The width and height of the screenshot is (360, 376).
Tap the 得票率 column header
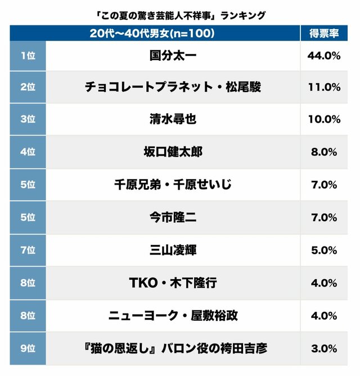click(323, 33)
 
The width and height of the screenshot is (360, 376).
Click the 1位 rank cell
click(27, 55)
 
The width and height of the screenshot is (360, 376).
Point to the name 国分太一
click(173, 55)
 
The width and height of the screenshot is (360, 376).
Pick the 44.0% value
click(323, 55)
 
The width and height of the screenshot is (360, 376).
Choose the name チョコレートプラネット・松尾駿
click(173, 87)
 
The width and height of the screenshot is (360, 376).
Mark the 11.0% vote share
click(323, 87)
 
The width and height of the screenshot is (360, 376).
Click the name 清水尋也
click(173, 119)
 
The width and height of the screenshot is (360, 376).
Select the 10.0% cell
click(323, 119)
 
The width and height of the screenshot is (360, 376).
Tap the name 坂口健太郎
click(173, 152)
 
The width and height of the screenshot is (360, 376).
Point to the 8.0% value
click(323, 152)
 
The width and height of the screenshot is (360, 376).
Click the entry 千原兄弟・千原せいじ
click(173, 185)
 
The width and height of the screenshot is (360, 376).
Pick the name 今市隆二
click(173, 217)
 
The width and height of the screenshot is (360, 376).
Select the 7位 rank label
click(27, 250)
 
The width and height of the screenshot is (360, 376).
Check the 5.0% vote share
click(323, 250)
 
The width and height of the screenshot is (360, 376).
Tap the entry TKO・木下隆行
click(173, 283)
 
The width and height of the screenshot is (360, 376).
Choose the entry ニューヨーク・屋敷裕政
click(173, 315)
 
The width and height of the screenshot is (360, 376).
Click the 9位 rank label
click(27, 348)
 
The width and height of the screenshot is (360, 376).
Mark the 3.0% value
click(323, 348)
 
